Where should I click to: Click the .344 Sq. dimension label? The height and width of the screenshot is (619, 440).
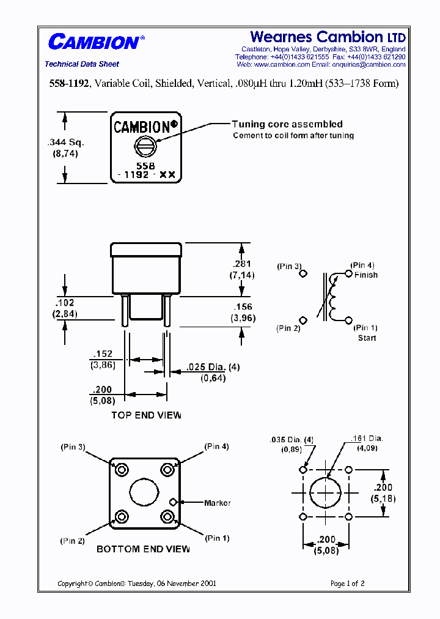[x=65, y=143]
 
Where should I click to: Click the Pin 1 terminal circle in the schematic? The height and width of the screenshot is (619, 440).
[x=349, y=320]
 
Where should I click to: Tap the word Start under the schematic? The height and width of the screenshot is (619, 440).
[x=367, y=338]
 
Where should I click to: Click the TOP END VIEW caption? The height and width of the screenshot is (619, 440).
[x=146, y=415]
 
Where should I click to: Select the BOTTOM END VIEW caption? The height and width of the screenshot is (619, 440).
[x=143, y=549]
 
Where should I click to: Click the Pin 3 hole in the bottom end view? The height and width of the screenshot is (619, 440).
[x=121, y=470]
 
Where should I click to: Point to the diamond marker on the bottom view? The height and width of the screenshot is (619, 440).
[x=174, y=502]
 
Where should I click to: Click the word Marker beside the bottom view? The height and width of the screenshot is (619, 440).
[x=218, y=503]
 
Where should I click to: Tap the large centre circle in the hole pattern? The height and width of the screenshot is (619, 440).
[x=325, y=493]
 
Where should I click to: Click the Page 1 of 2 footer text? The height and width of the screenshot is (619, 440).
[x=347, y=584]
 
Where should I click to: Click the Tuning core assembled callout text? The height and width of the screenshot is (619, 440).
[x=287, y=124]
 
